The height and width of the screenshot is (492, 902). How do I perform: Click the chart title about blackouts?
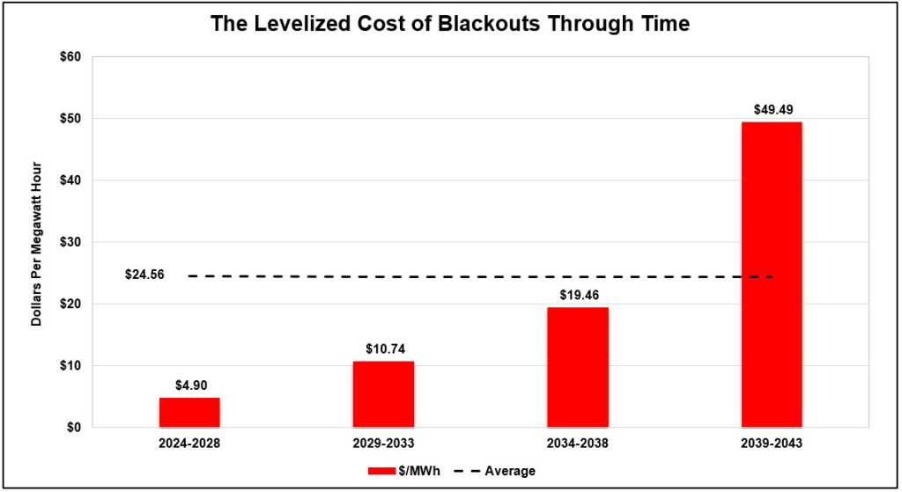point(450,24)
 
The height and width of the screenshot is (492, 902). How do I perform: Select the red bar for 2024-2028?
point(190,412)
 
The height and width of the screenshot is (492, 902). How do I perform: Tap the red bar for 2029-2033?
point(384,394)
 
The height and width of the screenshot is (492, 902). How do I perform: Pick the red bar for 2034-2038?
point(578,367)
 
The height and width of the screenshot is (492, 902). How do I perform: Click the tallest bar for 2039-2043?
point(772,275)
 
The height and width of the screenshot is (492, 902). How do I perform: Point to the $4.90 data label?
point(191,386)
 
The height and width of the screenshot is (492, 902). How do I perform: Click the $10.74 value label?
point(386,349)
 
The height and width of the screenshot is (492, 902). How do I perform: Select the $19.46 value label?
point(580,296)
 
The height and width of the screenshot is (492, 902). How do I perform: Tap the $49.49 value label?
point(773,110)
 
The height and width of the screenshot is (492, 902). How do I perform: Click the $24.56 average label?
point(145,275)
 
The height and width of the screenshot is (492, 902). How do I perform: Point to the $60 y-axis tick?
point(70,57)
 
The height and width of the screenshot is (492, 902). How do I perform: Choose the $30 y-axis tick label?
point(70,242)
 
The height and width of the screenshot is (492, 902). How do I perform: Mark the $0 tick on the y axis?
point(74,428)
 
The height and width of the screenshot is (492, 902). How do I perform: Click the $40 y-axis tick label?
point(70,180)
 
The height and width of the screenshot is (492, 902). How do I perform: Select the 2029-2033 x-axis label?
point(384,444)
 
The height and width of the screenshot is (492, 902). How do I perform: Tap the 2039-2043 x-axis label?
point(772,444)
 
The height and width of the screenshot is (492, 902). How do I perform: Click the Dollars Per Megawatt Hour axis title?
point(36,244)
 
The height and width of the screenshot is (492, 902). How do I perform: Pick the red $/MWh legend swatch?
point(381,471)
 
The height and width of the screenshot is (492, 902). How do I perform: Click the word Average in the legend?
point(510,471)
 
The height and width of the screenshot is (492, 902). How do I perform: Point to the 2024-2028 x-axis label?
point(190,444)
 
